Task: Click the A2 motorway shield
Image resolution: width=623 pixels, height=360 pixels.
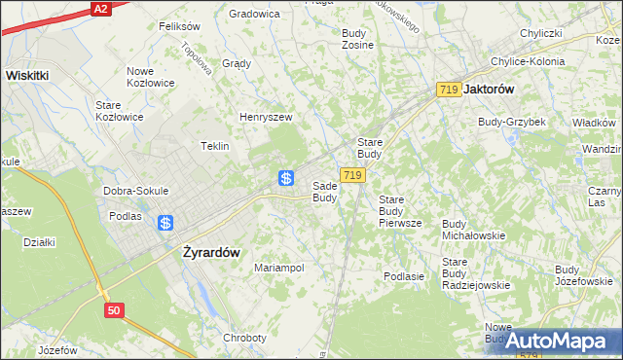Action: (x=99, y=8)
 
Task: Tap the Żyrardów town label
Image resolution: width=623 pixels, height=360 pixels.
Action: (x=211, y=251)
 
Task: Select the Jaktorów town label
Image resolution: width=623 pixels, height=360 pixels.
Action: (x=491, y=89)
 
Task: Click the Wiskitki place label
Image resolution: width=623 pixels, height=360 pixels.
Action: (x=27, y=74)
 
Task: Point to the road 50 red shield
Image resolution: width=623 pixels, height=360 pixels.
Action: (x=115, y=309)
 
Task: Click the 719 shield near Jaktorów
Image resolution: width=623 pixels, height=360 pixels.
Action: (x=449, y=90)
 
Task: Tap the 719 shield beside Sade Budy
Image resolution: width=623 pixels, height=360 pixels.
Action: (x=353, y=175)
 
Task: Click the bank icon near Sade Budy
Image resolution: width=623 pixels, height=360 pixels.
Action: (x=286, y=178)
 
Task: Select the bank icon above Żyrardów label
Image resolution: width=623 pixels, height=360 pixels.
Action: (x=165, y=223)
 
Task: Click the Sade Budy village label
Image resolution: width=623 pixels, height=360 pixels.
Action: (x=325, y=192)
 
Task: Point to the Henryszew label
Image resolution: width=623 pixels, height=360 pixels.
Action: (x=266, y=117)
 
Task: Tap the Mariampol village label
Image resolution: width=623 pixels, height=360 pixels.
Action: (x=279, y=268)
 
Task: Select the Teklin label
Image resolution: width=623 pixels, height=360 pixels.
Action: (x=214, y=146)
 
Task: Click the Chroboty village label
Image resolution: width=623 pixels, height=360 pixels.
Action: (x=244, y=338)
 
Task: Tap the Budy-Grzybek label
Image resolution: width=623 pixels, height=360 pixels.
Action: (x=511, y=122)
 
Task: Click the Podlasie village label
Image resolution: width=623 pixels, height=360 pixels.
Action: (x=404, y=276)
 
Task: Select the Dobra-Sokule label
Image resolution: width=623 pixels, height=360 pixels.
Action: (x=136, y=191)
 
